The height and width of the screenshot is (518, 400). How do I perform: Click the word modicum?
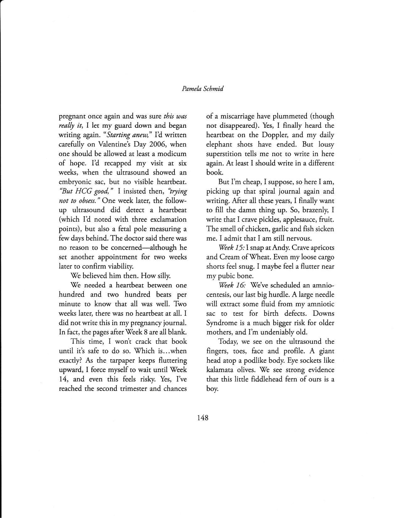tap(171, 154)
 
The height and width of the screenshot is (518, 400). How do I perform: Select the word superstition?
tap(225, 154)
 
